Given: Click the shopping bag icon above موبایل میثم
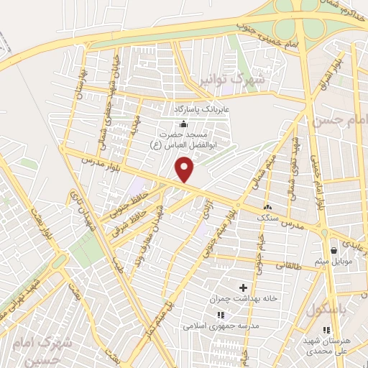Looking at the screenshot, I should coord(335,250).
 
